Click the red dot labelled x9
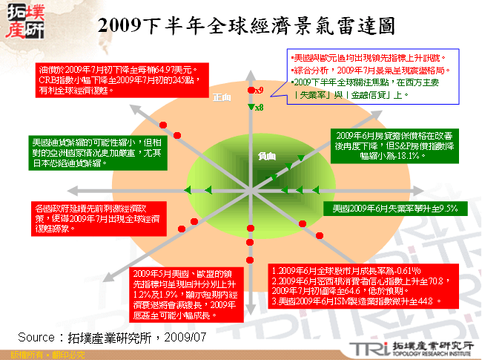[250, 91]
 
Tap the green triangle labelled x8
[251, 107]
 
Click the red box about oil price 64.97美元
[122, 81]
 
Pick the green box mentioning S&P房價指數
[390, 146]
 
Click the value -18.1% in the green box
[406, 157]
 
